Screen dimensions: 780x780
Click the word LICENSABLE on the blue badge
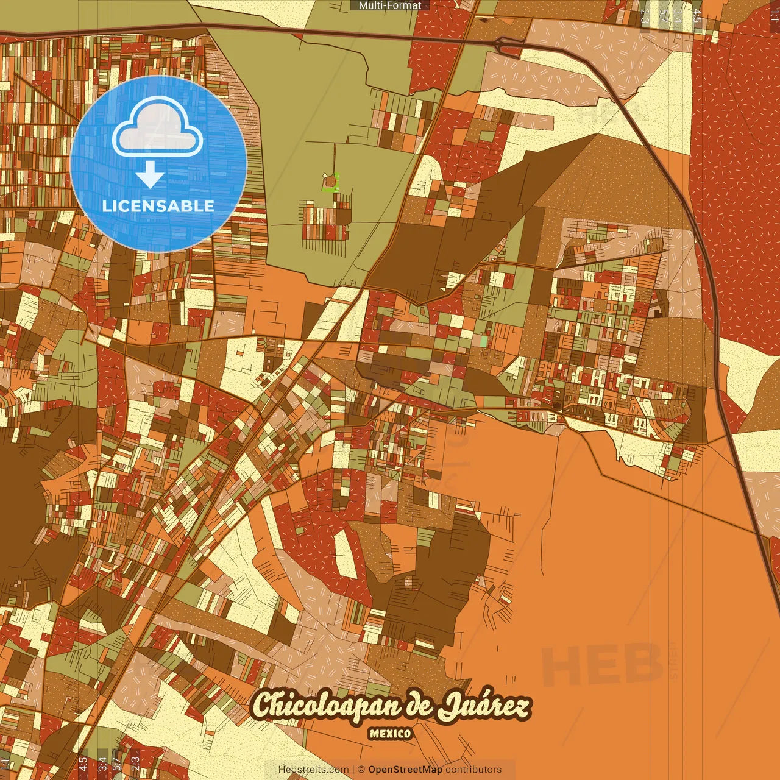point(158,206)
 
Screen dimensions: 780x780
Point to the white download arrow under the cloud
point(150,175)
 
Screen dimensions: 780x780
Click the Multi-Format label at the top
point(390,5)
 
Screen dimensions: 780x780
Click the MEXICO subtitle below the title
point(390,734)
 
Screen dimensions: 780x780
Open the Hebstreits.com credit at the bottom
point(313,770)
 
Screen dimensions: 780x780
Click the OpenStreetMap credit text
point(405,770)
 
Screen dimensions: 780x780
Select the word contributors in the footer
point(473,770)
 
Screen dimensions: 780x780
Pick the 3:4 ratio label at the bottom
point(102,763)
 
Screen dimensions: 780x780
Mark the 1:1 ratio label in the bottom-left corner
point(5,763)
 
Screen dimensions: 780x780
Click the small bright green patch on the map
point(329,182)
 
